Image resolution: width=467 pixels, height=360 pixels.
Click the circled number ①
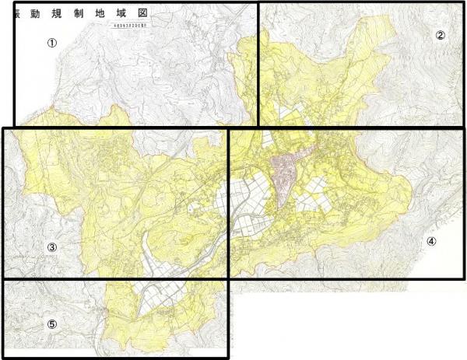click(52, 43)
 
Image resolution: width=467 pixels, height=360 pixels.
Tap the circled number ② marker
click(440, 35)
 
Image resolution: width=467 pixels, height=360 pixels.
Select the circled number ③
click(51, 247)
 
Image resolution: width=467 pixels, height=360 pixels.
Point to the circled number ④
click(431, 241)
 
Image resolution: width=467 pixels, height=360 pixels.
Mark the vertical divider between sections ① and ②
click(258, 62)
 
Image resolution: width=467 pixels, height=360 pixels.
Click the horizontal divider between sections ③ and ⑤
click(117, 279)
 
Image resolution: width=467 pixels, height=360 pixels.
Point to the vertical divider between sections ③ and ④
click(227, 202)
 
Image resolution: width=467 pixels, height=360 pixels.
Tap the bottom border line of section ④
click(346, 279)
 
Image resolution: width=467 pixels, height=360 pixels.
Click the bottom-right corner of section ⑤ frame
click(227, 358)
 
